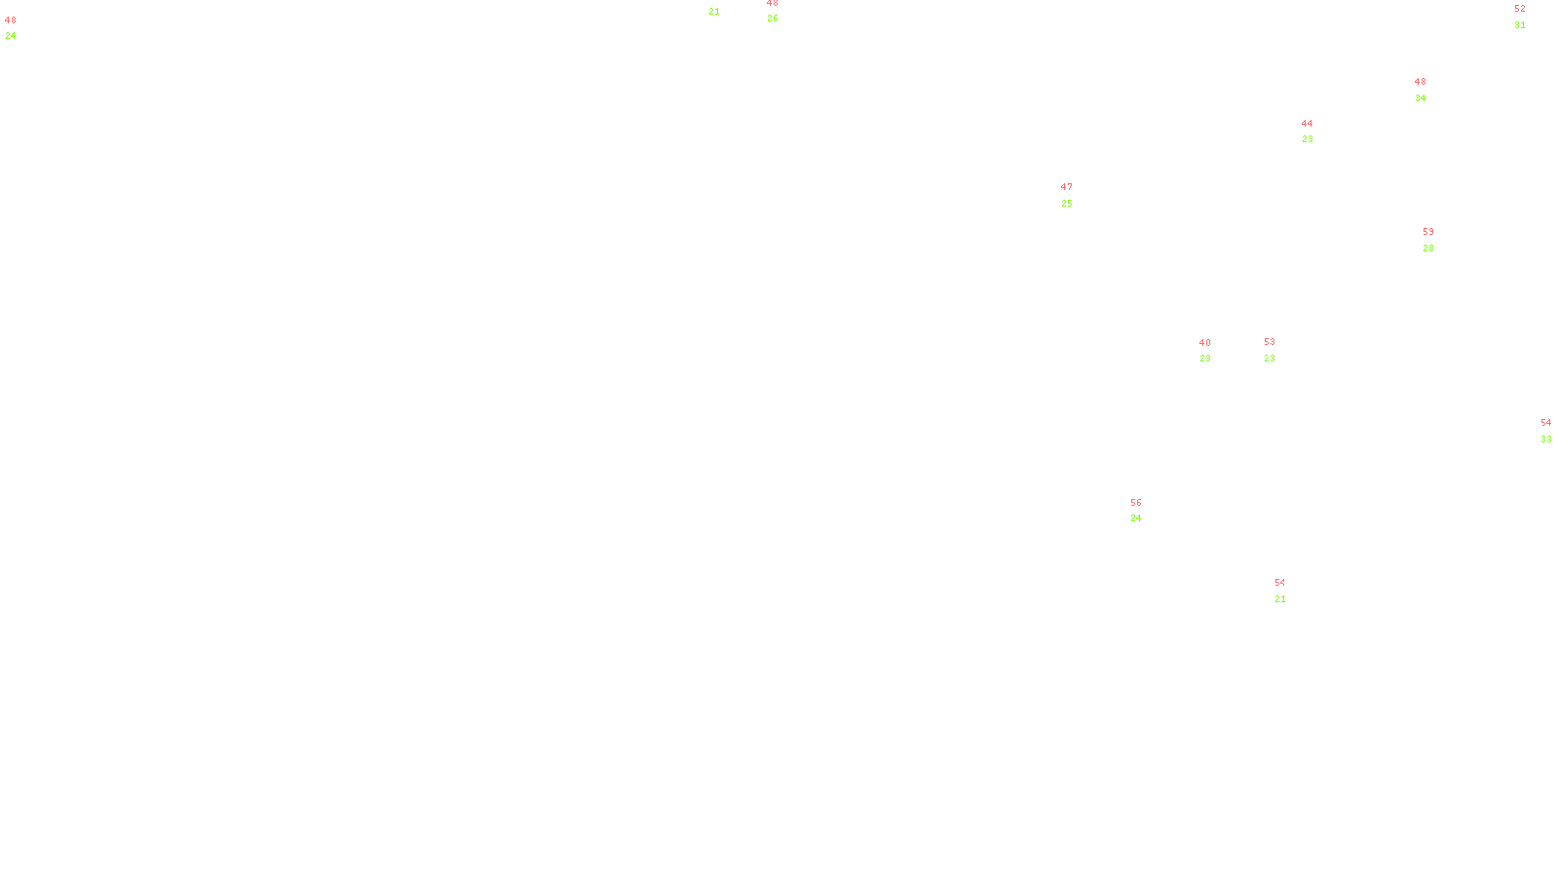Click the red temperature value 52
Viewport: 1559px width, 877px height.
pyautogui.click(x=1519, y=9)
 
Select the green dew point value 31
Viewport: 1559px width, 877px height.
pyautogui.click(x=1519, y=25)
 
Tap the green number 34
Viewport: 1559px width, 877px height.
pyautogui.click(x=1420, y=98)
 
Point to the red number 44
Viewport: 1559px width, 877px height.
pyautogui.click(x=1307, y=124)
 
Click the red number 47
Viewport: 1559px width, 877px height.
pyautogui.click(x=1066, y=187)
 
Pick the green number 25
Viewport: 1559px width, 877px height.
pyautogui.click(x=1066, y=204)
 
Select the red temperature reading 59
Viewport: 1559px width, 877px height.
pyautogui.click(x=1427, y=232)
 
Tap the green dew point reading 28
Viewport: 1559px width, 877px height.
pyautogui.click(x=1427, y=248)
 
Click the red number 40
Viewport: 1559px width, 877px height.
pyautogui.click(x=1204, y=343)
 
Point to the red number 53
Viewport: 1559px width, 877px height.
pyautogui.click(x=1269, y=342)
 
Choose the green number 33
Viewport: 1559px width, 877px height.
pyautogui.click(x=1545, y=439)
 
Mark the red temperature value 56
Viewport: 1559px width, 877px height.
pyautogui.click(x=1135, y=503)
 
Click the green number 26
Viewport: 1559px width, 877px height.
pyautogui.click(x=772, y=19)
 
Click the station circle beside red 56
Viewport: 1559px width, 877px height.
pyautogui.click(x=1146, y=511)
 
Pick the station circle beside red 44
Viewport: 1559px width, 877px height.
pyautogui.click(x=1316, y=132)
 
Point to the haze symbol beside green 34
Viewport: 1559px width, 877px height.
pyautogui.click(x=1422, y=91)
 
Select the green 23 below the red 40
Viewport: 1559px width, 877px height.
pyautogui.click(x=1204, y=359)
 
